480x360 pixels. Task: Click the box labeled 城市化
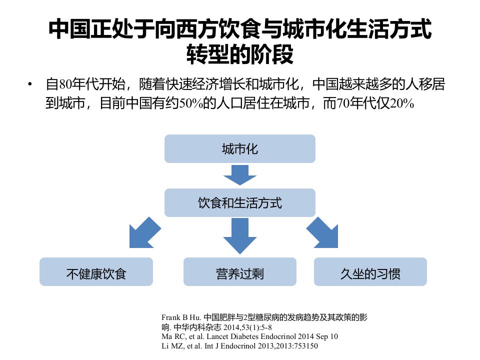(x=239, y=149)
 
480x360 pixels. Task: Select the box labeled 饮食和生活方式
(x=239, y=202)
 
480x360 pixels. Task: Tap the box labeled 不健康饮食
(x=96, y=272)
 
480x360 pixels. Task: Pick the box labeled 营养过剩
(x=239, y=272)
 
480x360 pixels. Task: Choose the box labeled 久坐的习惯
(x=370, y=272)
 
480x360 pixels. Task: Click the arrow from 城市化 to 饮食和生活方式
(x=239, y=175)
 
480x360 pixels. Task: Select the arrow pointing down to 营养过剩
(x=239, y=235)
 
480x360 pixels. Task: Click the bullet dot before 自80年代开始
(x=29, y=84)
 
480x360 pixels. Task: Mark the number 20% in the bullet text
(x=402, y=103)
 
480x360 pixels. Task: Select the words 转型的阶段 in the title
(x=239, y=54)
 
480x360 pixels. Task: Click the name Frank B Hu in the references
(x=181, y=317)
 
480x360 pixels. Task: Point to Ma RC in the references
(x=172, y=336)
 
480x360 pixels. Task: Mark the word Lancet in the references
(x=217, y=336)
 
